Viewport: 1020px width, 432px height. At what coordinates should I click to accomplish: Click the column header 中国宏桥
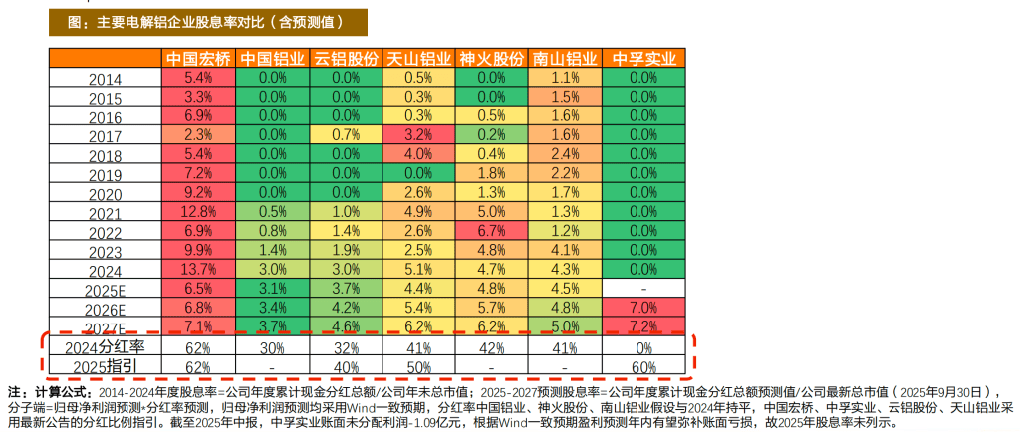pyautogui.click(x=200, y=59)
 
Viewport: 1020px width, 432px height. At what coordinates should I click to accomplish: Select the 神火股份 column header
pyautogui.click(x=491, y=59)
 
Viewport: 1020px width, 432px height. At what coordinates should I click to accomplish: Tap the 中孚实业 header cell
pyautogui.click(x=637, y=59)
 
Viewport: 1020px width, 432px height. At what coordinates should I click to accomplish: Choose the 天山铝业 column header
pyautogui.click(x=418, y=59)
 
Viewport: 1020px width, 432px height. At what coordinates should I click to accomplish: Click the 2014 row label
pyautogui.click(x=106, y=79)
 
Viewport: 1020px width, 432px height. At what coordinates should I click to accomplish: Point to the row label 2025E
pyautogui.click(x=106, y=291)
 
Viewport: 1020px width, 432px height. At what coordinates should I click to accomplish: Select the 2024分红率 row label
pyautogui.click(x=106, y=348)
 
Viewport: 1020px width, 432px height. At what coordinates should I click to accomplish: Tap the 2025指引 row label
pyautogui.click(x=106, y=367)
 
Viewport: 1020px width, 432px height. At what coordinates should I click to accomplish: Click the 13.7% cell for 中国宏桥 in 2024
pyautogui.click(x=200, y=270)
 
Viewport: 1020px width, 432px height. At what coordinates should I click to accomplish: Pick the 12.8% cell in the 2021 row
pyautogui.click(x=200, y=212)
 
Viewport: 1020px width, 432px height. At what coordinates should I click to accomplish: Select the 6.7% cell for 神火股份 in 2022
pyautogui.click(x=491, y=231)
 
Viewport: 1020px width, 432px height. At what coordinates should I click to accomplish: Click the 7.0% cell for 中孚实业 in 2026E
pyautogui.click(x=637, y=308)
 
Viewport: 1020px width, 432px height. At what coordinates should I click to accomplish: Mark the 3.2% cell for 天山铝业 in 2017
pyautogui.click(x=418, y=135)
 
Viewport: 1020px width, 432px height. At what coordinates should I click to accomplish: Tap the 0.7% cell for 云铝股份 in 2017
pyautogui.click(x=346, y=135)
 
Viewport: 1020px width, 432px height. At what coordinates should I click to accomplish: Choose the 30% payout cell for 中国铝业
pyautogui.click(x=273, y=348)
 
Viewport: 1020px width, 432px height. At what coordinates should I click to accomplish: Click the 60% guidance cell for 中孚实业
pyautogui.click(x=637, y=367)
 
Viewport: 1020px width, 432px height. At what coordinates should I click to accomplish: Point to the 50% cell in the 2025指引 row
pyautogui.click(x=418, y=367)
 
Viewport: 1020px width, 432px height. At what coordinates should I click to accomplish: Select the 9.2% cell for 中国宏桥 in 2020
pyautogui.click(x=200, y=193)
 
